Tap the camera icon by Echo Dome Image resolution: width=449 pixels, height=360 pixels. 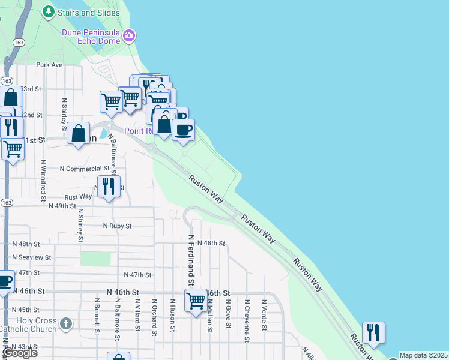(x=128, y=37)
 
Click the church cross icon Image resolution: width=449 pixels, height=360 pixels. (x=66, y=325)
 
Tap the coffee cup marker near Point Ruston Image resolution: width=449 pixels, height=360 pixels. (x=184, y=130)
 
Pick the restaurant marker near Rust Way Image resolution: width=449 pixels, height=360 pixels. (x=109, y=186)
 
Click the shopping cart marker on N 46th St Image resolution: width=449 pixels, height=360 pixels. (x=196, y=301)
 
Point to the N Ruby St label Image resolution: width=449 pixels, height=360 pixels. (x=117, y=226)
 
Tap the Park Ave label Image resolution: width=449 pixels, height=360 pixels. (x=49, y=65)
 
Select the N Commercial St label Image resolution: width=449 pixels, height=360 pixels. (x=85, y=169)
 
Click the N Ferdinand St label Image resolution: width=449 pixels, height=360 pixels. (x=191, y=260)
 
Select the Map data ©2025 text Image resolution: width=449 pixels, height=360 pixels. (x=424, y=355)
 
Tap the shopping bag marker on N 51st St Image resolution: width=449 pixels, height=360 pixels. (x=79, y=134)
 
